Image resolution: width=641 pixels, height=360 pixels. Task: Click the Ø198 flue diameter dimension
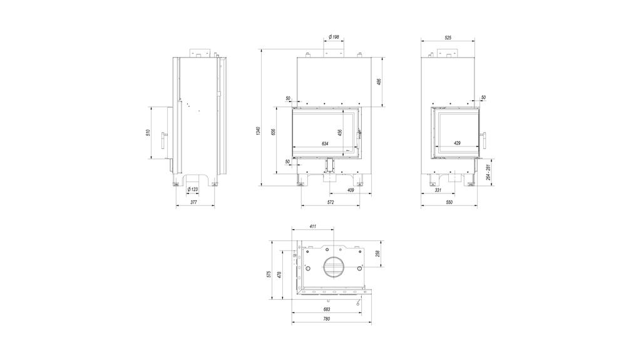[x=334, y=37]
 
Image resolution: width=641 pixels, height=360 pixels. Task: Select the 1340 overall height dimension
[x=257, y=131]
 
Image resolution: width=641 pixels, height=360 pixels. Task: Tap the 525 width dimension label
[x=448, y=38]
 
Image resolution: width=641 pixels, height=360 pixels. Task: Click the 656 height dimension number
[x=274, y=131]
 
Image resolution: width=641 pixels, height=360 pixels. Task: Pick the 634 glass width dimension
[x=325, y=143]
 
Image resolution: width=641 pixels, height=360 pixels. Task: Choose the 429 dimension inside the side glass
[x=458, y=143]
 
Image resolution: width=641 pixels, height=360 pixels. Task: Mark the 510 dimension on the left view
[x=148, y=133]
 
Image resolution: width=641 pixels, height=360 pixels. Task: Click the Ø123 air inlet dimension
[x=193, y=190]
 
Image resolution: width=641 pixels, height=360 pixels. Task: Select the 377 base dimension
[x=194, y=202]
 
